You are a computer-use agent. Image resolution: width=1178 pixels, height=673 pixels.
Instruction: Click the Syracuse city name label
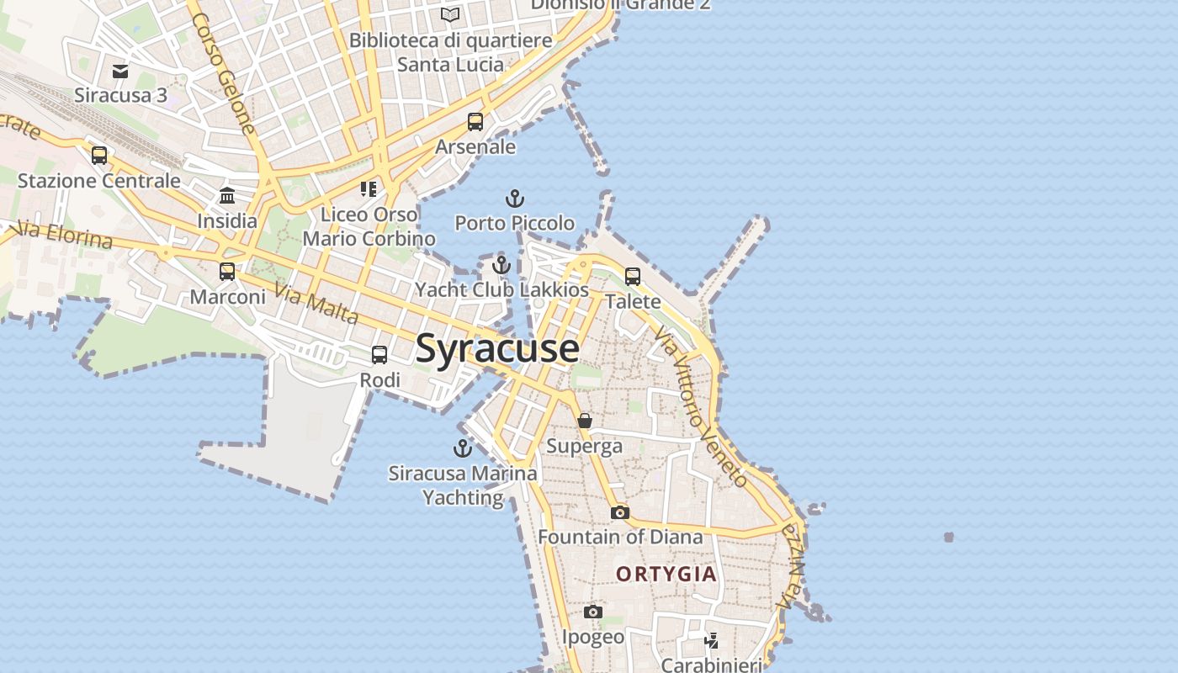(497, 348)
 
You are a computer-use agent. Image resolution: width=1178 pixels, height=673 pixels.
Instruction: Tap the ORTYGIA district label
(666, 575)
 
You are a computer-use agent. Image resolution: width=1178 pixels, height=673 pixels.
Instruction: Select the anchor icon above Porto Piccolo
(514, 199)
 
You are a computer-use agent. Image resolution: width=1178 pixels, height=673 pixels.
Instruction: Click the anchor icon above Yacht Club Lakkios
(501, 265)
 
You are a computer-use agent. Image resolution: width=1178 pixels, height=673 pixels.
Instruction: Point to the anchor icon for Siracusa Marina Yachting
(463, 448)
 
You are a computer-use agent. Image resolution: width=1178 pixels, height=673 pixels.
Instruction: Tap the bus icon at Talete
(633, 277)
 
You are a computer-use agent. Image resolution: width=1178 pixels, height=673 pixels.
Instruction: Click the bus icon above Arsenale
(475, 122)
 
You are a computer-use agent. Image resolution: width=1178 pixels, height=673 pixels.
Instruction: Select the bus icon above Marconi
(227, 272)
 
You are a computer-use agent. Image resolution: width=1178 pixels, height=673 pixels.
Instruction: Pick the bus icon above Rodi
(379, 355)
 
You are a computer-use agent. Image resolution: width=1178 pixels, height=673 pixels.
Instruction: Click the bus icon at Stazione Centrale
(99, 156)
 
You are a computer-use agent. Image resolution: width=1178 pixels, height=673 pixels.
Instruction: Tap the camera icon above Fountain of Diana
(620, 512)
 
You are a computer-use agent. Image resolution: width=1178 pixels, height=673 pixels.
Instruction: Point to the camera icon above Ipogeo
(593, 612)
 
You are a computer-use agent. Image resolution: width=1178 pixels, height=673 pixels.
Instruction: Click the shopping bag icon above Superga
(585, 421)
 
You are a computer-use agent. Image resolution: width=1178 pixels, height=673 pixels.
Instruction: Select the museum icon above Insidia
(227, 197)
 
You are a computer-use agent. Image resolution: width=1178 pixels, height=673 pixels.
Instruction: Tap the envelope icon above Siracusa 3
(120, 72)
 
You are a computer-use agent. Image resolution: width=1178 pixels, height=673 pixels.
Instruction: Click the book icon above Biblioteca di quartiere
(451, 14)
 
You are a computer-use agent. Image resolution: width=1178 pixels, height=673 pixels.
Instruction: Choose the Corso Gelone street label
(223, 73)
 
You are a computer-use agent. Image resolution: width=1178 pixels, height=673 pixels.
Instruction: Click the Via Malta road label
(316, 305)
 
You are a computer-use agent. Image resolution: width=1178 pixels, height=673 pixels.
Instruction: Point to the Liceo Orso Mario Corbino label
(369, 226)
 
